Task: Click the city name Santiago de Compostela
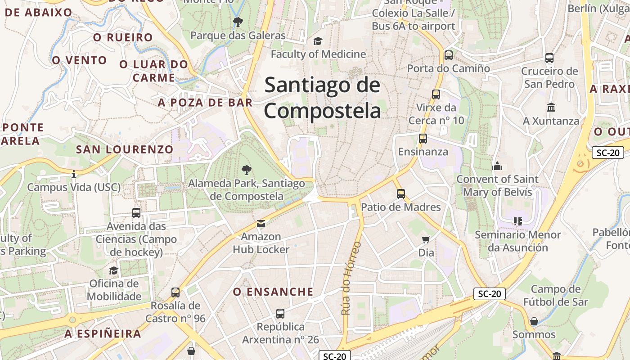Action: point(322,98)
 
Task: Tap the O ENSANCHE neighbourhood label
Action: point(273,292)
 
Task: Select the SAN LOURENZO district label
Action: point(125,149)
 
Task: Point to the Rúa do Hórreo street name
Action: point(351,278)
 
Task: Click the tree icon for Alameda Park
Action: point(246,170)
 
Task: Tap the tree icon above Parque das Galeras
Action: point(238,21)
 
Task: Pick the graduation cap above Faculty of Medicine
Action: point(318,41)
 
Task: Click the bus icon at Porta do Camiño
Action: point(448,55)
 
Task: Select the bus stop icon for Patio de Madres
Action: point(401,194)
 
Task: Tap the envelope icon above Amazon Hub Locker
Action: point(261,224)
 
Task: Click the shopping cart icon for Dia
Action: point(426,239)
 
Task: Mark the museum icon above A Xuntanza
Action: point(551,108)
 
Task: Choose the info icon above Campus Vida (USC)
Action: point(74,174)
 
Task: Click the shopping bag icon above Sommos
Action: point(534,321)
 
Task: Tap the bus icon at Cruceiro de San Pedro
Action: point(549,58)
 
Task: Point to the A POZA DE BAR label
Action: point(205,103)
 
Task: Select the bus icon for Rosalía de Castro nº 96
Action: point(175,292)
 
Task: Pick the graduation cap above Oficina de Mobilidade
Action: point(113,270)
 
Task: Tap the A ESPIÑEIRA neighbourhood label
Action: point(103,334)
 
